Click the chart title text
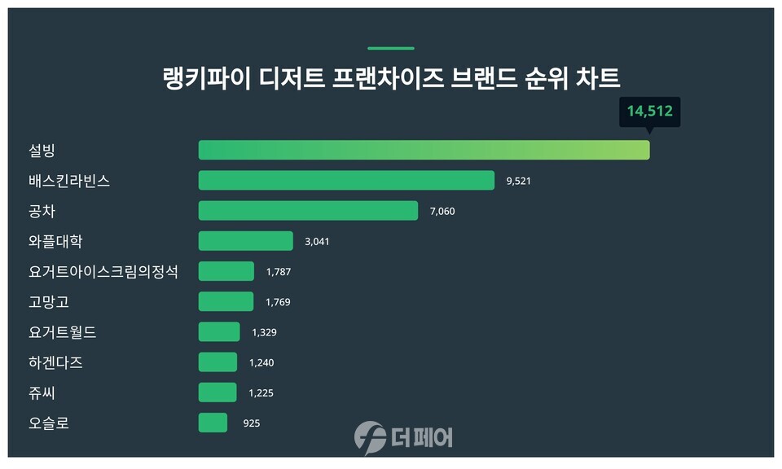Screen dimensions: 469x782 click(391, 79)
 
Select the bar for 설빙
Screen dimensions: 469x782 click(424, 150)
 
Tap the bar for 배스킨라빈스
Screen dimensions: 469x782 click(346, 180)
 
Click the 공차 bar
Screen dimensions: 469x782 click(308, 211)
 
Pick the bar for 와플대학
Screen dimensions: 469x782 click(245, 241)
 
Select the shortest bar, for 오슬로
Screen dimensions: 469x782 click(213, 423)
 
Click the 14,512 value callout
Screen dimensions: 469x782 click(649, 111)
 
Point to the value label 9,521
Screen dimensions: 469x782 click(518, 181)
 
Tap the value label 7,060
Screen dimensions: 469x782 click(442, 212)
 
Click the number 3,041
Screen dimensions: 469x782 click(316, 242)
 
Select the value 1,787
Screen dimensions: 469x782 click(278, 272)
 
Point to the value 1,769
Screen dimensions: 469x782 click(278, 302)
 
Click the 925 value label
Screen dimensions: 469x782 click(251, 423)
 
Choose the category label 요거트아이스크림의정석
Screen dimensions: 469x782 click(103, 271)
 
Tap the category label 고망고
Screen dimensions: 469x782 click(49, 302)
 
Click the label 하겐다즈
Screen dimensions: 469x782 click(55, 362)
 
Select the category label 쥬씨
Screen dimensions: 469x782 click(42, 392)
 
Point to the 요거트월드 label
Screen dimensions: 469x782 click(63, 332)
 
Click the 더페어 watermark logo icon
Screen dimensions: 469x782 click(370, 437)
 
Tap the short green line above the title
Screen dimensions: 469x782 click(391, 48)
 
